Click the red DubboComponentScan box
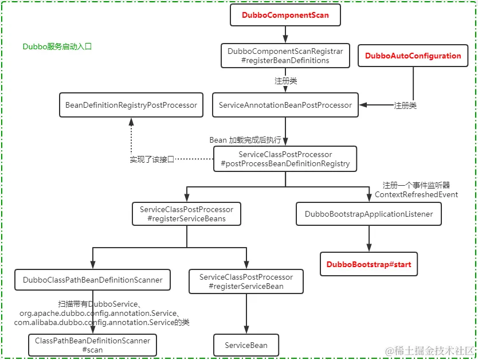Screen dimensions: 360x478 click(285, 15)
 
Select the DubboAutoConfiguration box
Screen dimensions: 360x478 click(413, 56)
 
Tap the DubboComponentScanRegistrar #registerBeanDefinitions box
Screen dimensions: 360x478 click(285, 56)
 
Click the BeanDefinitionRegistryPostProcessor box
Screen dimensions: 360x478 click(131, 105)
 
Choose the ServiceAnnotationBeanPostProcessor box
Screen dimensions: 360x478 click(285, 105)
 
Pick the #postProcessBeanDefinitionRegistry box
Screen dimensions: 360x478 click(285, 159)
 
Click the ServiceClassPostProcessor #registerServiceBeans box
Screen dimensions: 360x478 click(186, 214)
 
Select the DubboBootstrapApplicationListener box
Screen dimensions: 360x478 click(369, 214)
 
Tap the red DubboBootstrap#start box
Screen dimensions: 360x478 click(369, 265)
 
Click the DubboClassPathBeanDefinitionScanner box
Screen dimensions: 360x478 click(93, 280)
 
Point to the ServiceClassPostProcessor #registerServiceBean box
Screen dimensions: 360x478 click(246, 281)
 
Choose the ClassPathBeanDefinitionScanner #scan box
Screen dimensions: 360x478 click(93, 345)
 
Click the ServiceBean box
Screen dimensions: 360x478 click(246, 345)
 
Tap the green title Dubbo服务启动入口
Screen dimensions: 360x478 click(57, 47)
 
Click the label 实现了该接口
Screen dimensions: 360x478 click(152, 159)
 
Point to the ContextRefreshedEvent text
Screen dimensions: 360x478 click(416, 195)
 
